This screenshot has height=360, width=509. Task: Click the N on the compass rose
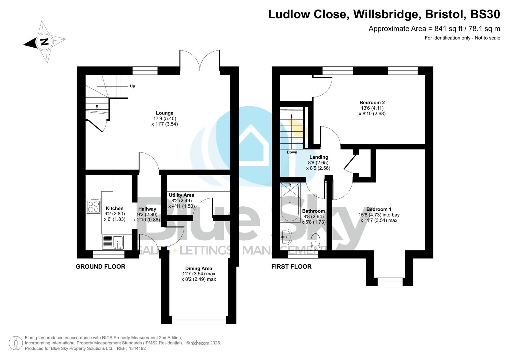coord(44,42)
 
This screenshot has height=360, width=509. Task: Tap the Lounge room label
coord(164,113)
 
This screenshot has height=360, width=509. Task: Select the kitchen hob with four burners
coord(93,206)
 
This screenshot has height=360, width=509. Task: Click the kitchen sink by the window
coord(118,242)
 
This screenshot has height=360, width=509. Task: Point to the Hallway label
coord(147,209)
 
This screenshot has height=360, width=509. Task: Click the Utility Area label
coord(181,195)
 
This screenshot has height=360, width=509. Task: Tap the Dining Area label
coord(199,268)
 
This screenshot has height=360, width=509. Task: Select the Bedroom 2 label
coord(372,102)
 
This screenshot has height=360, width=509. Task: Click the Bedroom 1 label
coord(379,209)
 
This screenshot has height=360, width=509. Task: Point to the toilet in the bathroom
coord(315,242)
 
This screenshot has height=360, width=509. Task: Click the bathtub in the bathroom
coord(290,202)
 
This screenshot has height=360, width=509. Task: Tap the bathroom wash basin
coord(286,237)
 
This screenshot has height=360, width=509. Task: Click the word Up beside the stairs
coord(132,86)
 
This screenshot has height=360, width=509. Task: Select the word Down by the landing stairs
coord(292,152)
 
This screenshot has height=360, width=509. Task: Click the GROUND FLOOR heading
coord(100,266)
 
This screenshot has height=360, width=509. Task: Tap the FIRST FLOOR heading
coord(291,266)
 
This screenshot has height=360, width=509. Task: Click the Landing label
coord(319,157)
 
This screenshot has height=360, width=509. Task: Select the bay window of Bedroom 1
coord(390,282)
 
